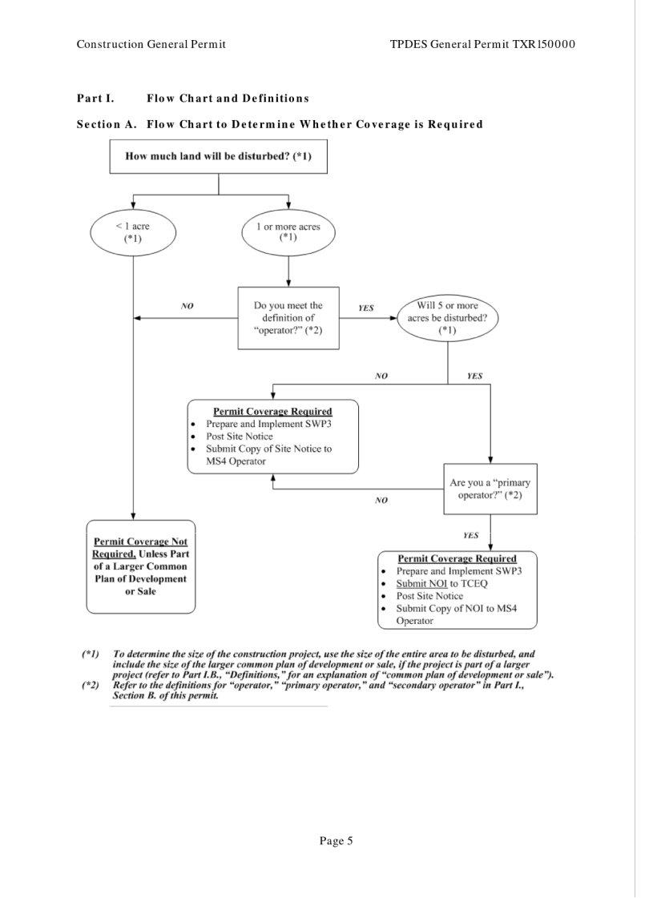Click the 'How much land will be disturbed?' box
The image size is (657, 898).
219,156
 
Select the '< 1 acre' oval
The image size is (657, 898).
132,232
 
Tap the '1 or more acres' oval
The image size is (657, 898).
288,232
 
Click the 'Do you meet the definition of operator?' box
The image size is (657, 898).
288,318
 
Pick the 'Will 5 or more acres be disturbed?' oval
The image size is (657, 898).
447,317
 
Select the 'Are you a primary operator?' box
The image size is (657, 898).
490,489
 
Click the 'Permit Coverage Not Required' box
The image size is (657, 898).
140,566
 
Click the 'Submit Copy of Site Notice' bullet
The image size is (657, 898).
268,454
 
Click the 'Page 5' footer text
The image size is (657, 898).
336,840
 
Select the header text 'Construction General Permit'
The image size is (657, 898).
151,43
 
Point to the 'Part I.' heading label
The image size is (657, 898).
95,99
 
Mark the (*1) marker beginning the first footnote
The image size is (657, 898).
90,654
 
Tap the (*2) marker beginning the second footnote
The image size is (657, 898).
90,686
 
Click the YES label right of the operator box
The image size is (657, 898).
366,308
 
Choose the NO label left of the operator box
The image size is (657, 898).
187,306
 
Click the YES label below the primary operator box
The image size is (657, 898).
471,535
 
